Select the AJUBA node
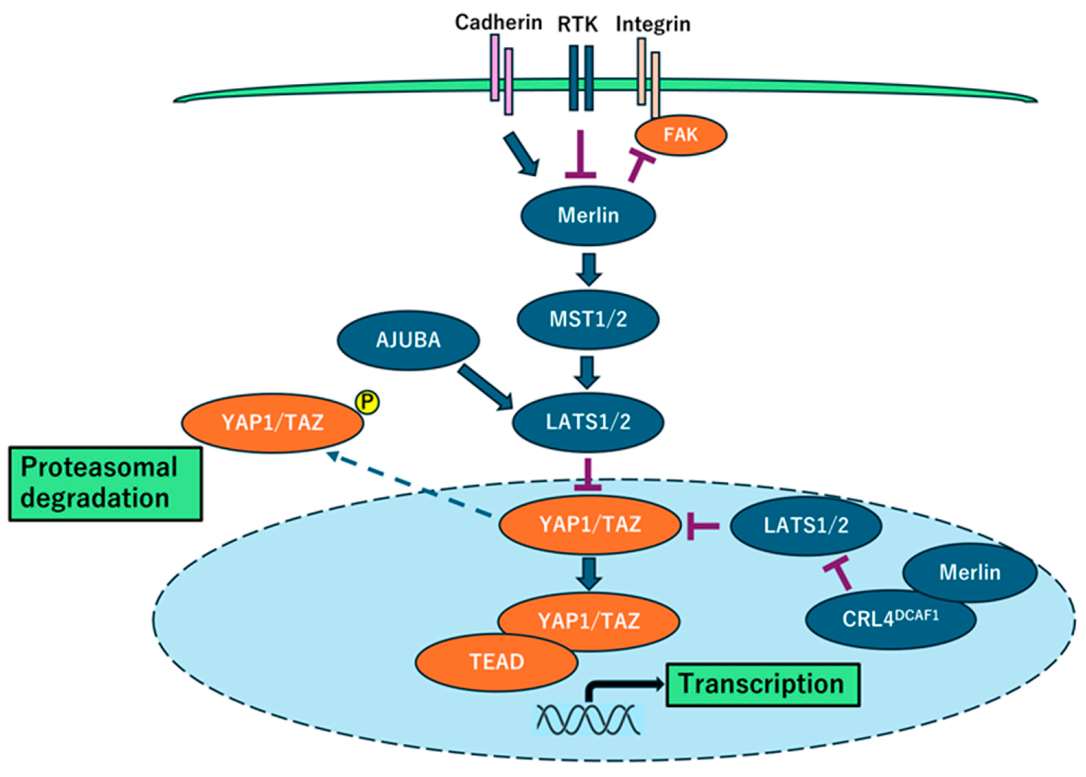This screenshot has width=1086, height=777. pos(408,340)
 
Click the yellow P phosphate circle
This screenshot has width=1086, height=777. pos(367,402)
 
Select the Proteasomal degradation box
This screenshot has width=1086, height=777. pos(105,484)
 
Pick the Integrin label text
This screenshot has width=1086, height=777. pos(653,24)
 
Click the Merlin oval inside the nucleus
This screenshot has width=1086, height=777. pos(970,573)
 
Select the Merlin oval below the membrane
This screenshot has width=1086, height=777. pos(588,216)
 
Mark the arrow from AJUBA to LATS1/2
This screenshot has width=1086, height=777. pos(485,388)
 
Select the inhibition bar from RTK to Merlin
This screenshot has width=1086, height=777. pos(580,154)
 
